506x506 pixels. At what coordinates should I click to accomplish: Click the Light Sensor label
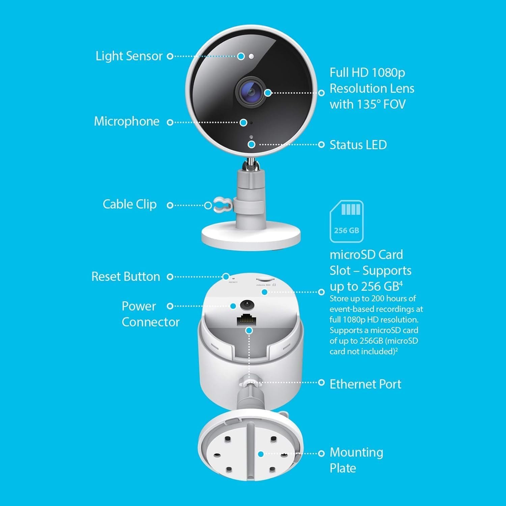(x=129, y=56)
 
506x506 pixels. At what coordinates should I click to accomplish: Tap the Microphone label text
(x=126, y=121)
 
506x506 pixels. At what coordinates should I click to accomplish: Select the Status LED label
(x=358, y=145)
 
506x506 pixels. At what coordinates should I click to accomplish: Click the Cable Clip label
(x=130, y=204)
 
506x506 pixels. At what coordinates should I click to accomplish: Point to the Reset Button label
(x=125, y=277)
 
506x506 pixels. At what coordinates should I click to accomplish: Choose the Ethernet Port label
(x=365, y=384)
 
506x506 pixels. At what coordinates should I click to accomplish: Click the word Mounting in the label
(x=356, y=453)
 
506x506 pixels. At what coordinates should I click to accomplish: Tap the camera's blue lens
(x=251, y=91)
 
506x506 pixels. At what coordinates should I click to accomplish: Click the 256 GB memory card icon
(x=346, y=221)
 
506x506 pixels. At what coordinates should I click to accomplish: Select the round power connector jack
(x=247, y=305)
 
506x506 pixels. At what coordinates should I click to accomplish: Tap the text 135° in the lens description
(x=369, y=104)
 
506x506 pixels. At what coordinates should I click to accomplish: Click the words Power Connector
(x=150, y=314)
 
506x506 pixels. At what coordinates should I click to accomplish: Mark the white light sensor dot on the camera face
(x=251, y=56)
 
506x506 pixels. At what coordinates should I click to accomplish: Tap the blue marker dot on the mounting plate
(x=260, y=454)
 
